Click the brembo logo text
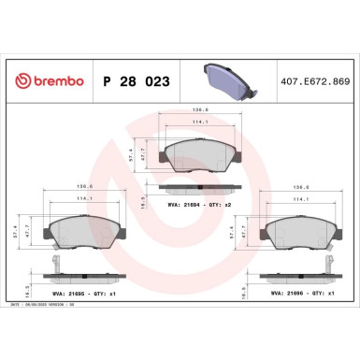pyautogui.click(x=52, y=82)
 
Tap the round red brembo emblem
pyautogui.click(x=14, y=82)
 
